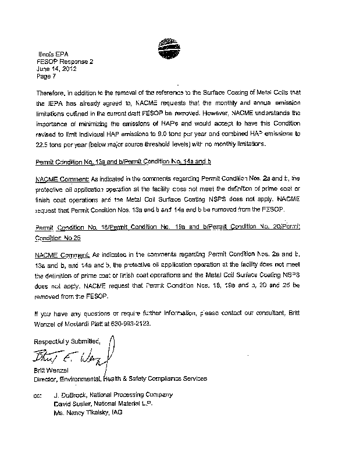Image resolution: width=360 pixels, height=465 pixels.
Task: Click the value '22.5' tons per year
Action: click(x=42, y=144)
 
